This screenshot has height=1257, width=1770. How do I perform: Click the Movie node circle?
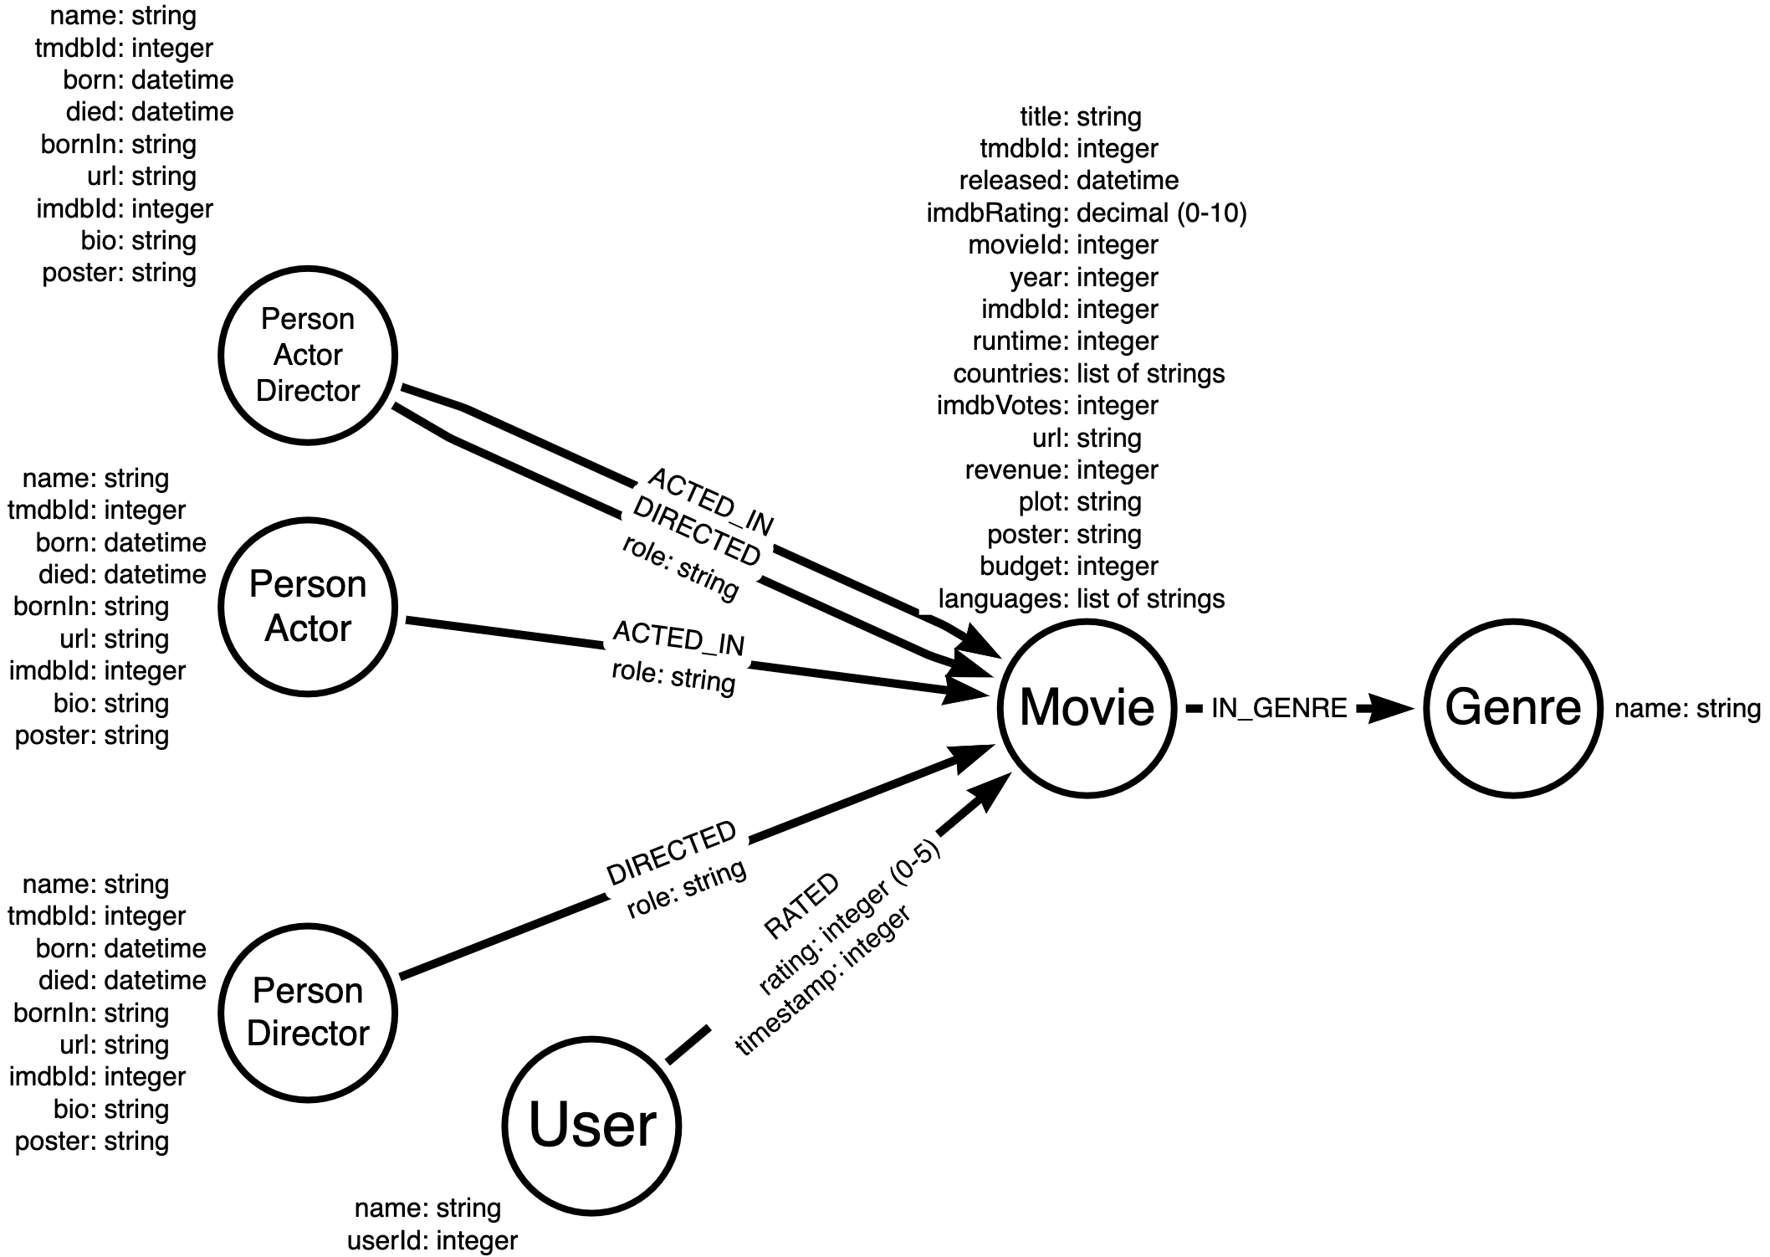tap(1087, 708)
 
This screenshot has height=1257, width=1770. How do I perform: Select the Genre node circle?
tap(1512, 708)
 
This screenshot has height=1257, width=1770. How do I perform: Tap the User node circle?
tap(591, 1126)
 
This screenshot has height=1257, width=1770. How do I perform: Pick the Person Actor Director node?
tap(308, 355)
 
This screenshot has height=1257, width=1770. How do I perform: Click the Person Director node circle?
tap(308, 1013)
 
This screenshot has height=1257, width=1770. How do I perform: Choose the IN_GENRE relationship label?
tap(1279, 709)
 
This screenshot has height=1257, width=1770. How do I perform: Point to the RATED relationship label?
tap(801, 906)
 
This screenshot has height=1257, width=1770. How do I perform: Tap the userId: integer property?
tap(432, 1240)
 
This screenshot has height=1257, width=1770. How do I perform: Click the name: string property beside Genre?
tap(1687, 709)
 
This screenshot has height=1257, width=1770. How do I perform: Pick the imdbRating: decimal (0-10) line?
tap(1087, 213)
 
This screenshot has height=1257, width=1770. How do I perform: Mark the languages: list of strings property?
tap(1081, 599)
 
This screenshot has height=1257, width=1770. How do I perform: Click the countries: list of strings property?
tap(1088, 374)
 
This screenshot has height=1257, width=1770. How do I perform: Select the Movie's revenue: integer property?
tap(1061, 470)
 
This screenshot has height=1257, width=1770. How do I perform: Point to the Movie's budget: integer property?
tap(1069, 567)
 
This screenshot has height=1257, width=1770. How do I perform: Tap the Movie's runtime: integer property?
tap(1065, 341)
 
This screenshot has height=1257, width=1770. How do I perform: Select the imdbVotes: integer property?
tap(1047, 406)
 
